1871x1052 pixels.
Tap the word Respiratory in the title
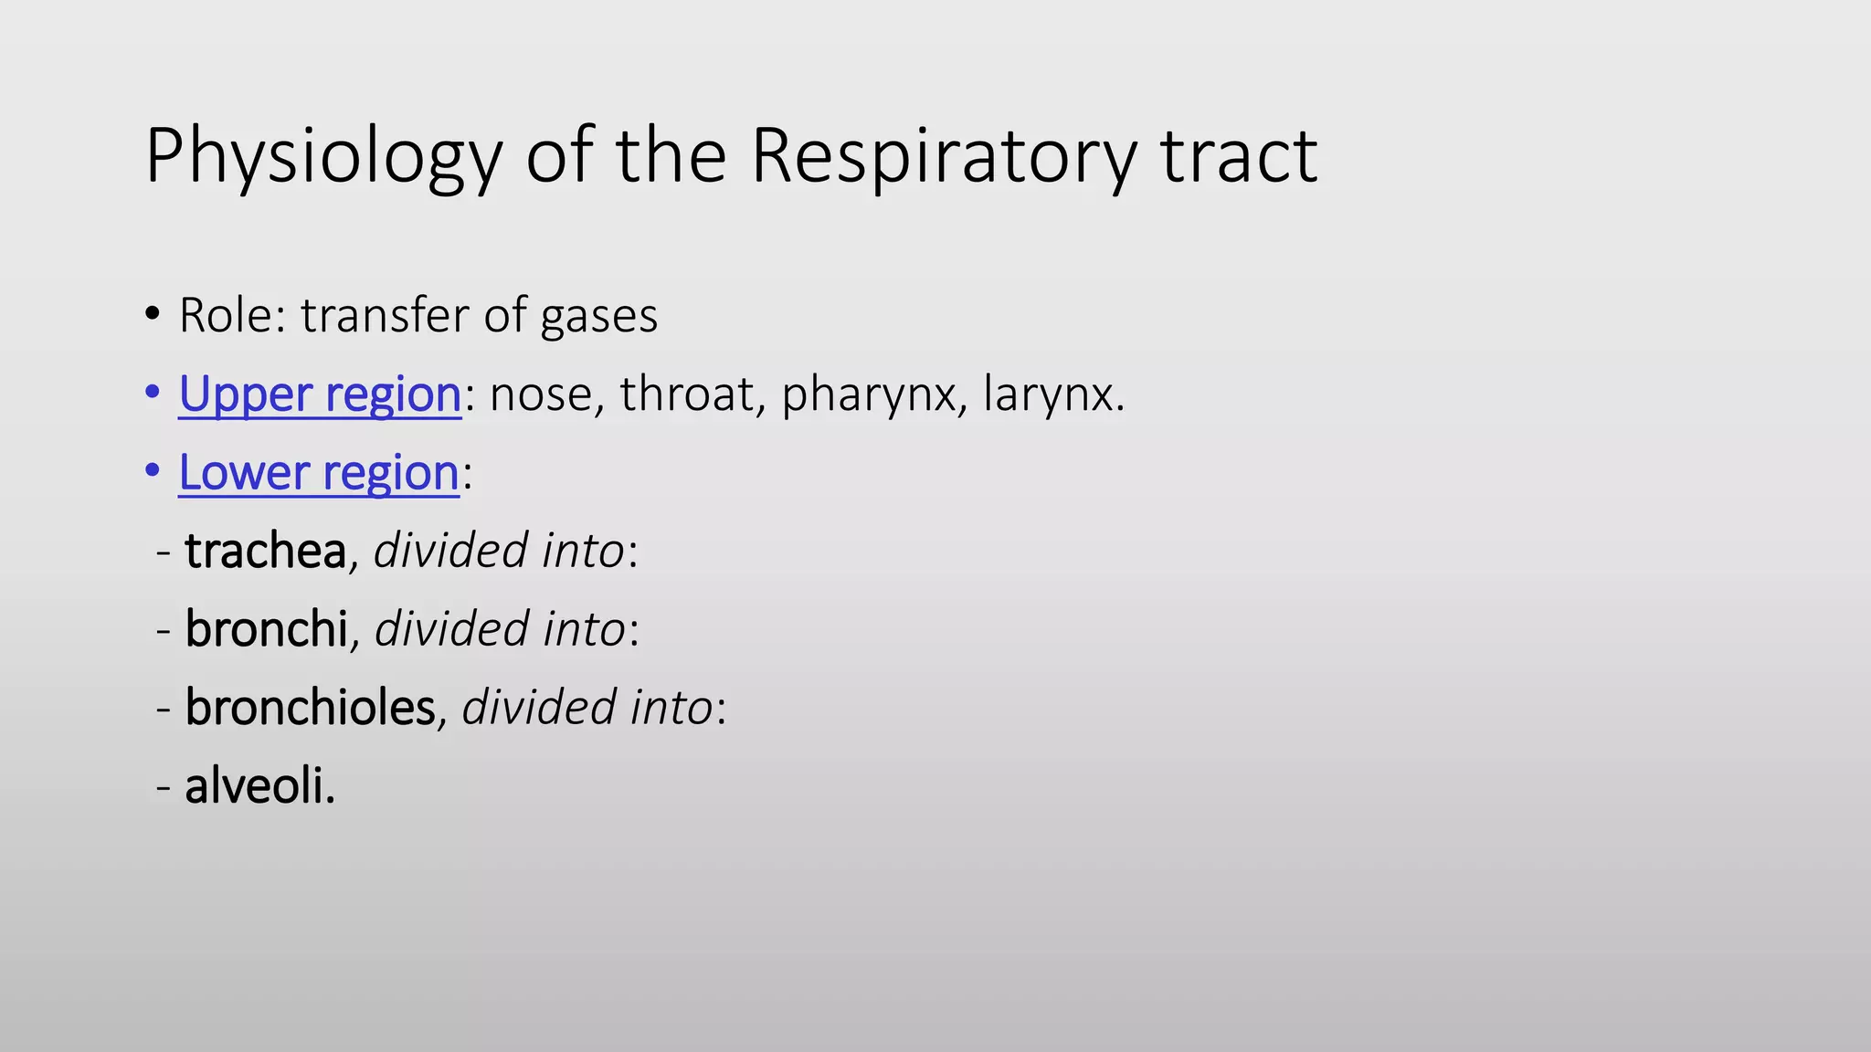(x=943, y=157)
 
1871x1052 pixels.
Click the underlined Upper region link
(x=320, y=394)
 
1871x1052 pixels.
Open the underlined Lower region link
(x=319, y=473)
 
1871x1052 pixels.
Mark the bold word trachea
(x=265, y=551)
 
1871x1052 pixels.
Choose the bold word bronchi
(x=266, y=629)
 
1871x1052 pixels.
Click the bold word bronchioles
(x=310, y=708)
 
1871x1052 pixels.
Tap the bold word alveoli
(x=259, y=786)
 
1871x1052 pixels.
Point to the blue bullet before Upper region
(x=153, y=393)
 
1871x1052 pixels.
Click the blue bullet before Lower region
(x=153, y=471)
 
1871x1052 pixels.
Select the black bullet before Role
(x=153, y=315)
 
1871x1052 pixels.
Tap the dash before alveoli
(x=164, y=787)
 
